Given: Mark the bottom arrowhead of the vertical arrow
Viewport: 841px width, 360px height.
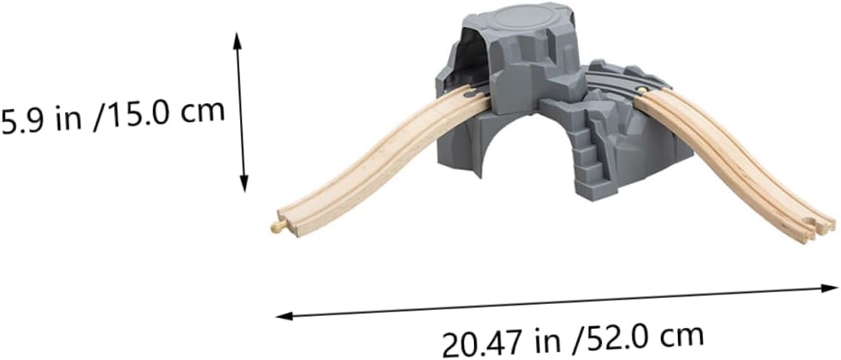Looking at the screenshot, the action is coord(244,186).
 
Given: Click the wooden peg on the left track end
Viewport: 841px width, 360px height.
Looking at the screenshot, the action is coord(278,227).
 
